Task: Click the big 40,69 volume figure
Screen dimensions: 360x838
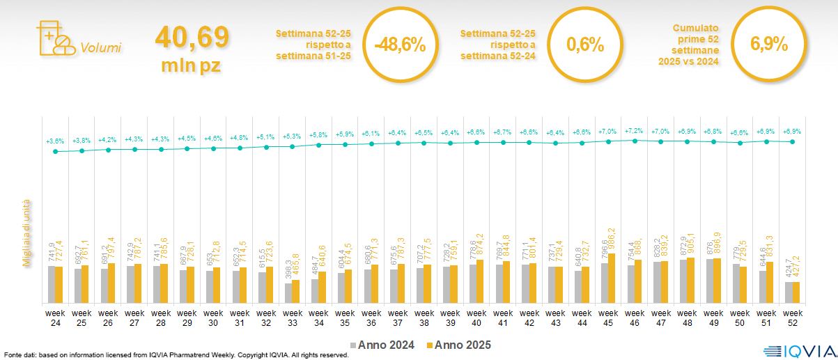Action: pyautogui.click(x=192, y=37)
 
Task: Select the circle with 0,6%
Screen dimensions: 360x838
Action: pyautogui.click(x=584, y=45)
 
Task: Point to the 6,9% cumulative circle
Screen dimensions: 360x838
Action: pyautogui.click(x=768, y=45)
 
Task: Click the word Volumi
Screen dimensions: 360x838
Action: pyautogui.click(x=100, y=48)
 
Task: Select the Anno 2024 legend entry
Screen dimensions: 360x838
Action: pyautogui.click(x=382, y=345)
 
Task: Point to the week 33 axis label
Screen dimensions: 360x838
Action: pyautogui.click(x=292, y=317)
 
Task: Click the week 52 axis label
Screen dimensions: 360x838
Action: pyautogui.click(x=791, y=317)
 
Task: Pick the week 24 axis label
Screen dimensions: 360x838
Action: pyautogui.click(x=55, y=317)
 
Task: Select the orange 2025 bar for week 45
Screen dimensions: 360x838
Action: pyautogui.click(x=612, y=279)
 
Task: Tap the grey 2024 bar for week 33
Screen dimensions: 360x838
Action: pyautogui.click(x=288, y=293)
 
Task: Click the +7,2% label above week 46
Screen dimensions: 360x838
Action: pyautogui.click(x=634, y=131)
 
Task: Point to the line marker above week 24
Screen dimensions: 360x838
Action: pyautogui.click(x=55, y=151)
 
